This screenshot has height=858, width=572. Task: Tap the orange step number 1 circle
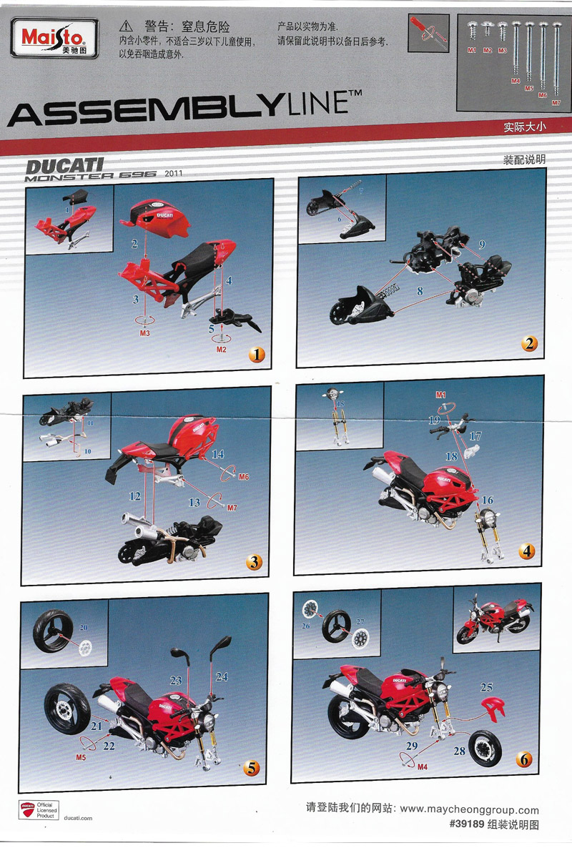[256, 353]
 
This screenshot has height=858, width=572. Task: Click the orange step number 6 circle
[525, 759]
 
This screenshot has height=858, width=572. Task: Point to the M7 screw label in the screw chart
[556, 103]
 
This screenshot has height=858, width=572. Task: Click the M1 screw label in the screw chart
[472, 51]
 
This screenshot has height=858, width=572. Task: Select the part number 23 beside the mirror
[176, 681]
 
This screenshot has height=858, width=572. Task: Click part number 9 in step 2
[482, 245]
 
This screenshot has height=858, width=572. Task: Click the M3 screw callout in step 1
[145, 334]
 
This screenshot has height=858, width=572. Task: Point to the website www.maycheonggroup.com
[469, 809]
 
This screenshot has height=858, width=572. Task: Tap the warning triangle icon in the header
[129, 27]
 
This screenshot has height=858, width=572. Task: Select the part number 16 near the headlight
[488, 500]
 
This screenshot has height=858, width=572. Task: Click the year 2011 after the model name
[174, 174]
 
